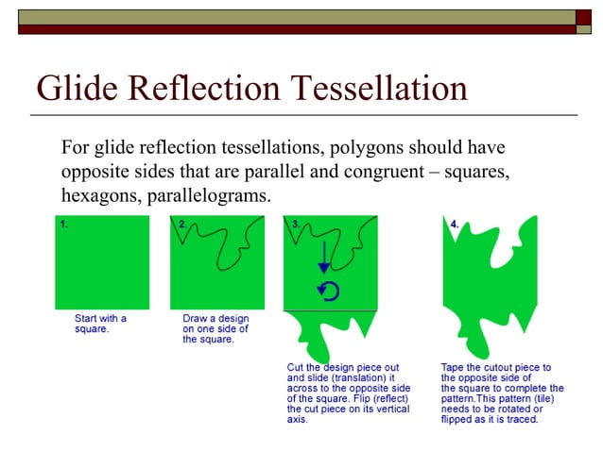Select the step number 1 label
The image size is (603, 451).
(63, 225)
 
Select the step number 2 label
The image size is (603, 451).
(182, 225)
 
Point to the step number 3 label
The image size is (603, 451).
(295, 225)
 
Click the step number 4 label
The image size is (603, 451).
(455, 225)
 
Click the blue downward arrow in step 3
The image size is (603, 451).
(325, 257)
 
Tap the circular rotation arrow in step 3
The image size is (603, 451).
(328, 291)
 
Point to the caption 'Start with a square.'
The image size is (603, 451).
(100, 325)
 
